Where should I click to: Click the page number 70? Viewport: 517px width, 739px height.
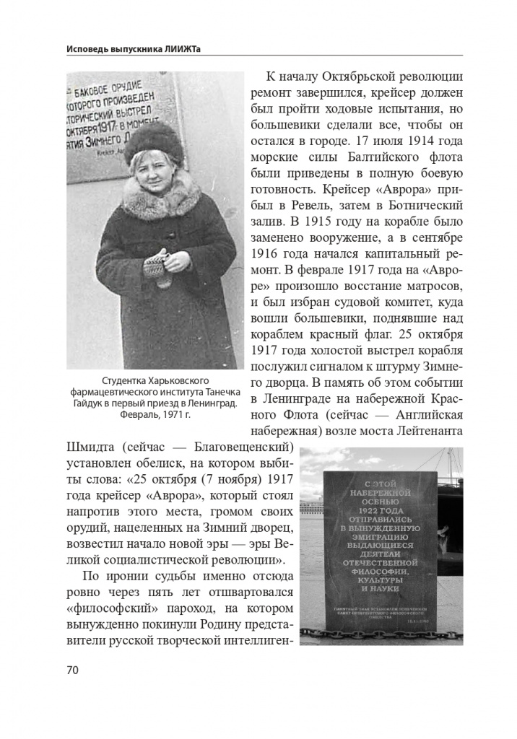point(72,669)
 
